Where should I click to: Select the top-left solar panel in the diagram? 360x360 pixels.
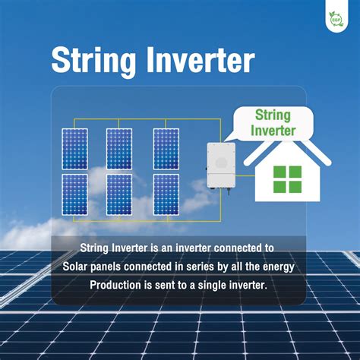75,148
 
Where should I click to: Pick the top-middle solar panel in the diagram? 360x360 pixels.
119,148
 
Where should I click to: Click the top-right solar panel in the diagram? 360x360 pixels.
166,148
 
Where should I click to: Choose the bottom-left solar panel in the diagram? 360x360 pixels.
75,195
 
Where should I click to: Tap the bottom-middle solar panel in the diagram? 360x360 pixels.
119,195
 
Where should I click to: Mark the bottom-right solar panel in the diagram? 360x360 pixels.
166,195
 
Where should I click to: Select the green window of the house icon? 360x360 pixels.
288,178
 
